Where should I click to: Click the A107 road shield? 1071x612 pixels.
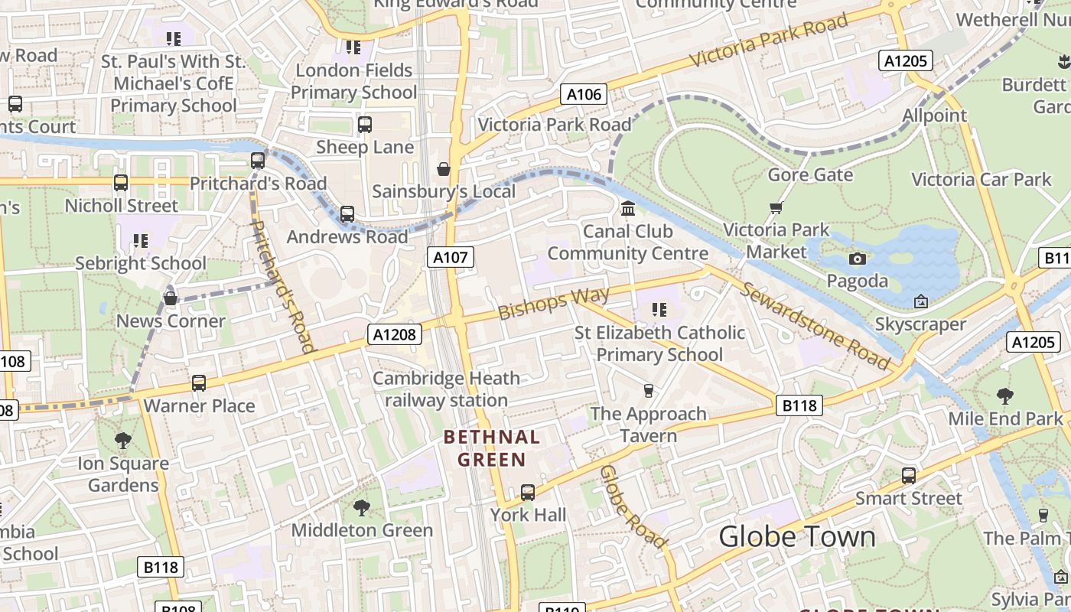pos(450,257)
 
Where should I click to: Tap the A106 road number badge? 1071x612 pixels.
pos(584,94)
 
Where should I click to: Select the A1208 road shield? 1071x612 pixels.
pos(395,334)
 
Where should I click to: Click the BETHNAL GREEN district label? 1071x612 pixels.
pos(493,448)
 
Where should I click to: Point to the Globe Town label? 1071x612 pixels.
pos(797,536)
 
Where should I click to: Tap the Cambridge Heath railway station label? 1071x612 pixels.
pos(446,389)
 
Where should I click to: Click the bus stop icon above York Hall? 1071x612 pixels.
pos(528,492)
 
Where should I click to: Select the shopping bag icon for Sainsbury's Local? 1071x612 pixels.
pos(443,169)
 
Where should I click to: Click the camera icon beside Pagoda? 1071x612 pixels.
pos(858,259)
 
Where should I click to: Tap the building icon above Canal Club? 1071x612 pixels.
pos(628,208)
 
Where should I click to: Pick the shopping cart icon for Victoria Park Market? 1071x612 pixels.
pos(776,207)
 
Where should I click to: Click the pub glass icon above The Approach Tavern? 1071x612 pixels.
pos(649,391)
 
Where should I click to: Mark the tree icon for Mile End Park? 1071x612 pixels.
pos(1005,396)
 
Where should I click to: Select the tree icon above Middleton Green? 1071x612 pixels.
pos(362,506)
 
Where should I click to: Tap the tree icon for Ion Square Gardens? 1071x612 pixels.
pos(122,440)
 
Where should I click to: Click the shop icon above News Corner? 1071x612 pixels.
pos(171,298)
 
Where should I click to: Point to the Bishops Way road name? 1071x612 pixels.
pos(553,303)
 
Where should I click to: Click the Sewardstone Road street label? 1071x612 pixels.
pos(815,327)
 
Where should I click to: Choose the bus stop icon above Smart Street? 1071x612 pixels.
pos(909,475)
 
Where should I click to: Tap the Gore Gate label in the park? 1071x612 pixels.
pos(810,174)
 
